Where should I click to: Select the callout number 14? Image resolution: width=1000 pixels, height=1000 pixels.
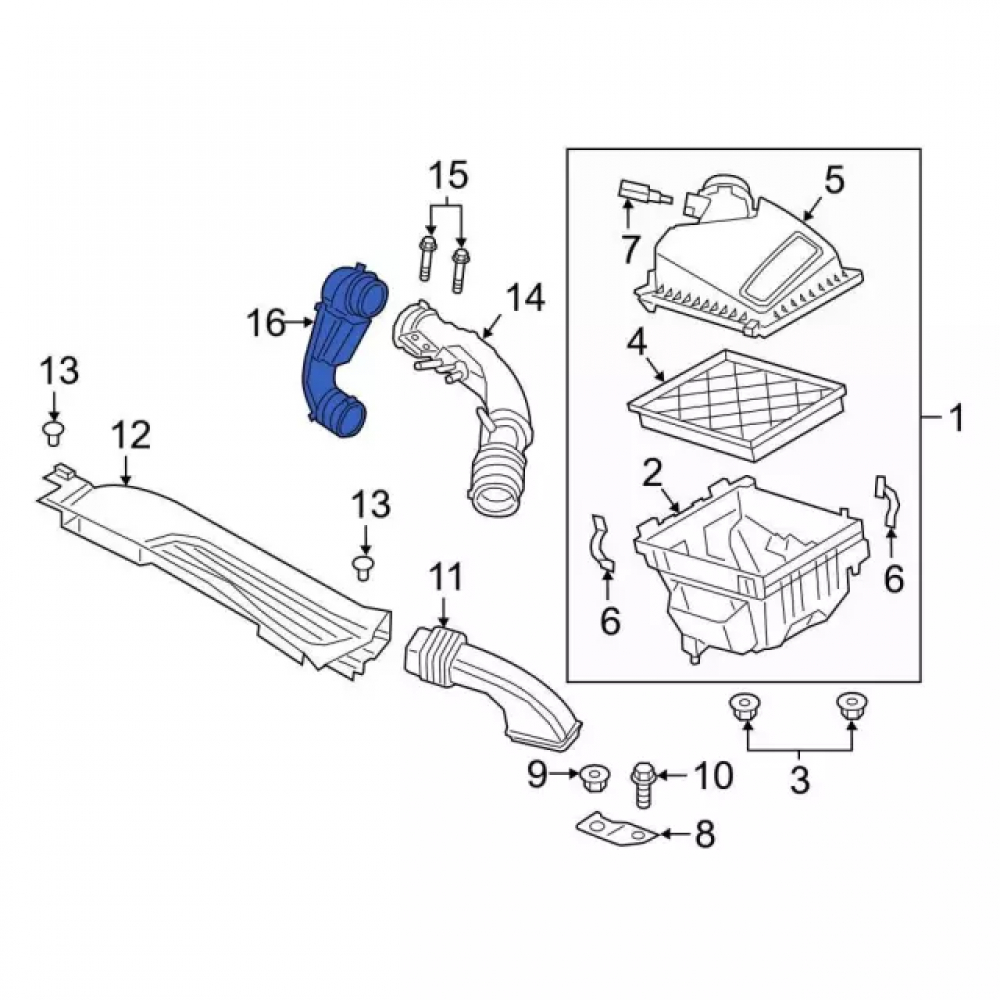[526, 298]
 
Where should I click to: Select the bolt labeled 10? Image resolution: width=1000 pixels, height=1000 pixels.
[643, 784]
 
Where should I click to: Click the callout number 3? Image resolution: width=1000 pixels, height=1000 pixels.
[799, 779]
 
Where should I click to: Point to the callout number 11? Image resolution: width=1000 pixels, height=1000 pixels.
[445, 578]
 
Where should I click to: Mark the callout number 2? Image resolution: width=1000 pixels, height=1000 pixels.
[651, 474]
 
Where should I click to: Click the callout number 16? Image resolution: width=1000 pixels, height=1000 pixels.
[266, 323]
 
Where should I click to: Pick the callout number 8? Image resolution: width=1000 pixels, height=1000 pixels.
[704, 834]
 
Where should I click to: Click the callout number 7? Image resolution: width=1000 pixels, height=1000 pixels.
[630, 249]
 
